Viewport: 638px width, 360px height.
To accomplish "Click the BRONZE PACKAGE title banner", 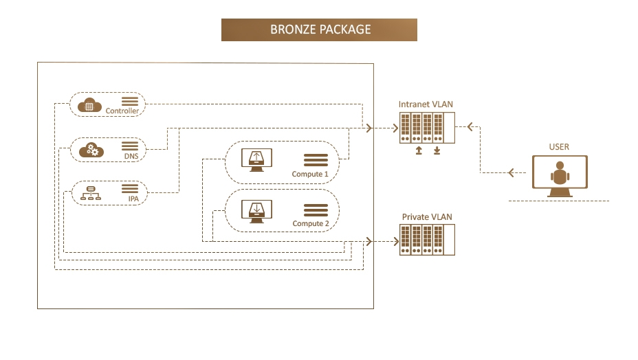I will (x=319, y=30).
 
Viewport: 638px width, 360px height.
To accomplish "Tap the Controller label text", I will (x=122, y=111).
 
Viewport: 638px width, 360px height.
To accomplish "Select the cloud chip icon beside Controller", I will (x=89, y=105).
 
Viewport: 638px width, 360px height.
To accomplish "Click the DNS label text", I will (x=131, y=156).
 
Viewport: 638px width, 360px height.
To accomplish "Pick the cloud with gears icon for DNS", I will (x=91, y=149).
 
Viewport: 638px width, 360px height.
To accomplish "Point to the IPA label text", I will (x=133, y=199).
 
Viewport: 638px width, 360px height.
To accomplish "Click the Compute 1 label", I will (x=310, y=175).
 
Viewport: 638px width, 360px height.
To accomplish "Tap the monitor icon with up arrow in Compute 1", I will (x=256, y=160).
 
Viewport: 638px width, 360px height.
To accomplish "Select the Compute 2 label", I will (x=310, y=224).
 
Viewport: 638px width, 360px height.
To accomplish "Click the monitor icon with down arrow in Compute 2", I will (x=256, y=210).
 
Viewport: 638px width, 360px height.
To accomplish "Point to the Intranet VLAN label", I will (x=426, y=104).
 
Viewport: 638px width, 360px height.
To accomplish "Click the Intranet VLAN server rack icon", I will (x=426, y=127).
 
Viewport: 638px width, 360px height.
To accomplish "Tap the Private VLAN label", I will (x=427, y=217).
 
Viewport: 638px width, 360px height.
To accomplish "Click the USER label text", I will (x=559, y=147).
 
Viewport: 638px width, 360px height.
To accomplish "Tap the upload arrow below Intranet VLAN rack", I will (x=419, y=150).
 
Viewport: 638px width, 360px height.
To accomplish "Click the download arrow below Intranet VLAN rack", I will (x=437, y=150).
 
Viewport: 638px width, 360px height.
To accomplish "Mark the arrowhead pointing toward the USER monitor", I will (x=511, y=172).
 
